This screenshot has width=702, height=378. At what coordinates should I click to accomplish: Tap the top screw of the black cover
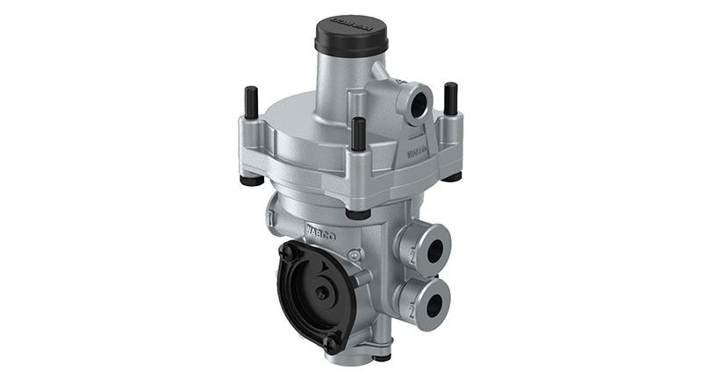287,249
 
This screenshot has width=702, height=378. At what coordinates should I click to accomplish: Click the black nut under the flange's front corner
357,213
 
